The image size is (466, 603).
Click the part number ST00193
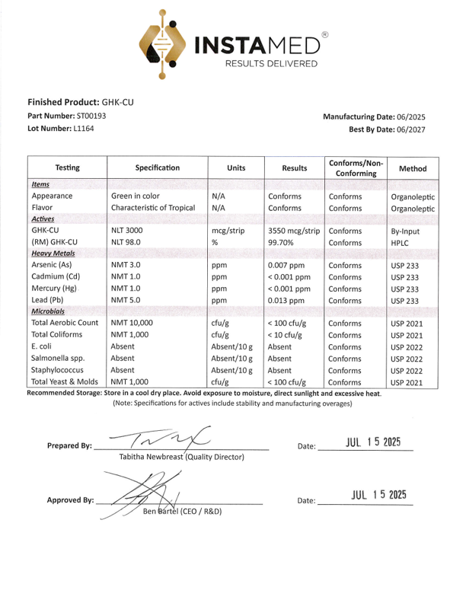pyautogui.click(x=91, y=115)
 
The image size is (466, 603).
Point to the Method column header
pyautogui.click(x=413, y=168)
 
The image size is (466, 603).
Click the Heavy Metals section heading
pyautogui.click(x=53, y=253)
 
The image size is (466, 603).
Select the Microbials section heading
pyautogui.click(x=48, y=311)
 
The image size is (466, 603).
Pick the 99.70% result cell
pyautogui.click(x=282, y=242)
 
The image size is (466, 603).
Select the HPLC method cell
pyautogui.click(x=401, y=243)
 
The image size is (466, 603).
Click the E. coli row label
pyautogui.click(x=44, y=346)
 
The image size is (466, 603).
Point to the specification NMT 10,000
pyautogui.click(x=132, y=323)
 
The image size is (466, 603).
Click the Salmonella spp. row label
pyautogui.click(x=59, y=359)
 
